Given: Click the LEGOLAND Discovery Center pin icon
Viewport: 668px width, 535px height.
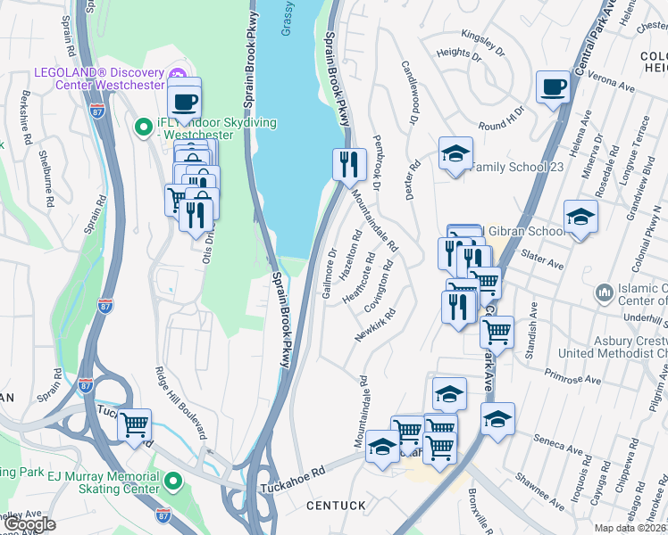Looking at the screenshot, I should pos(177,73).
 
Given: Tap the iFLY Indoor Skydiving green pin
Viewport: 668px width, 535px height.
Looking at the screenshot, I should pos(142,128).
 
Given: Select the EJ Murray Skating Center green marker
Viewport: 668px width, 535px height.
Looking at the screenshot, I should pos(173,482).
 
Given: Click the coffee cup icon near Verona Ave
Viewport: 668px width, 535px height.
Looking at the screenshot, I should pos(553,87).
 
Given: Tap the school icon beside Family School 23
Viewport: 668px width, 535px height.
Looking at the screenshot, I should pos(455,152).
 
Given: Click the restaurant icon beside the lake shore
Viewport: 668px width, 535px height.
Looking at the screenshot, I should pos(349,163).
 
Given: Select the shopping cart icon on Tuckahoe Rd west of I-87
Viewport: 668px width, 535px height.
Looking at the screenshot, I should pos(134,424).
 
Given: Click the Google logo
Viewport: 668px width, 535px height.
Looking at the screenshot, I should pos(29,524).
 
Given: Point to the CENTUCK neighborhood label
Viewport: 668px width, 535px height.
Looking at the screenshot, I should pos(336,506).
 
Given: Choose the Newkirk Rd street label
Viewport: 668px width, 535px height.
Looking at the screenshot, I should pos(375,325).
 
